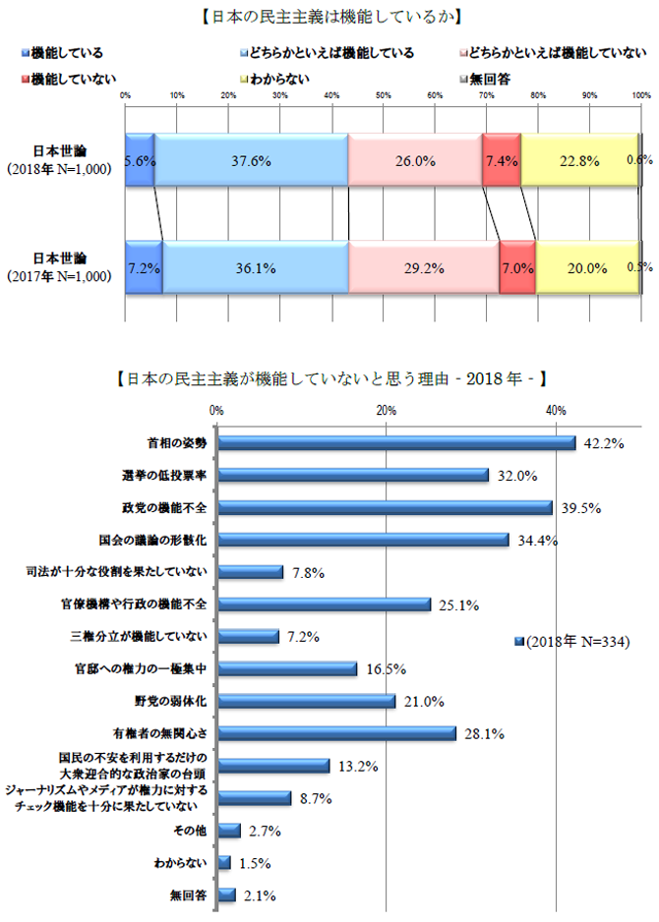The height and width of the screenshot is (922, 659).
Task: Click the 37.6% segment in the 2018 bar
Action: (251, 160)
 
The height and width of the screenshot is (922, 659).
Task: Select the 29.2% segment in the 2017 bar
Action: (424, 266)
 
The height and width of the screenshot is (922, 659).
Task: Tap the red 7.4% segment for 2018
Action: (501, 160)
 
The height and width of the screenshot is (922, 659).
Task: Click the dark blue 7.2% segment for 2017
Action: (144, 266)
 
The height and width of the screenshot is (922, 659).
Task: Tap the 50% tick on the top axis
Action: (383, 95)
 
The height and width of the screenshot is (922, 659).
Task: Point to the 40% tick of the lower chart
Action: (556, 410)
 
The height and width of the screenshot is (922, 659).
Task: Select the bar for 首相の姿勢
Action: (396, 443)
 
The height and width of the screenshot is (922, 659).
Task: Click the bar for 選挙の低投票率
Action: (353, 475)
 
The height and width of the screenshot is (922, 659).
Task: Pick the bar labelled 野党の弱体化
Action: (307, 701)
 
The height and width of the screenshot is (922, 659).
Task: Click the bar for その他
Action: (229, 831)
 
